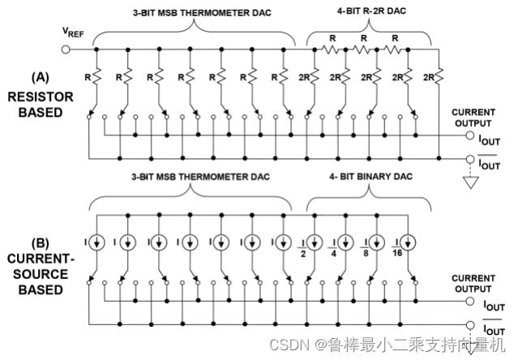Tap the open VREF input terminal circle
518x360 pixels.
coord(67,49)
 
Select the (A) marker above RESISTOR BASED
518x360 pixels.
coord(40,79)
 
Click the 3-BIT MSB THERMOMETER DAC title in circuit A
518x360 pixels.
coord(190,11)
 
